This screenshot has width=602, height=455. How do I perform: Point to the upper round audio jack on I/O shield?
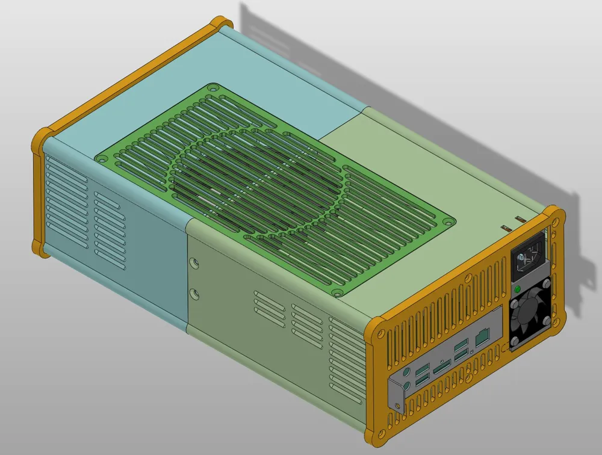click(x=410, y=372)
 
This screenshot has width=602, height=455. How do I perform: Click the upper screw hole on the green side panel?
click(x=194, y=264)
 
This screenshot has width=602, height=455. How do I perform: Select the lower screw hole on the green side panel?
click(x=194, y=293)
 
